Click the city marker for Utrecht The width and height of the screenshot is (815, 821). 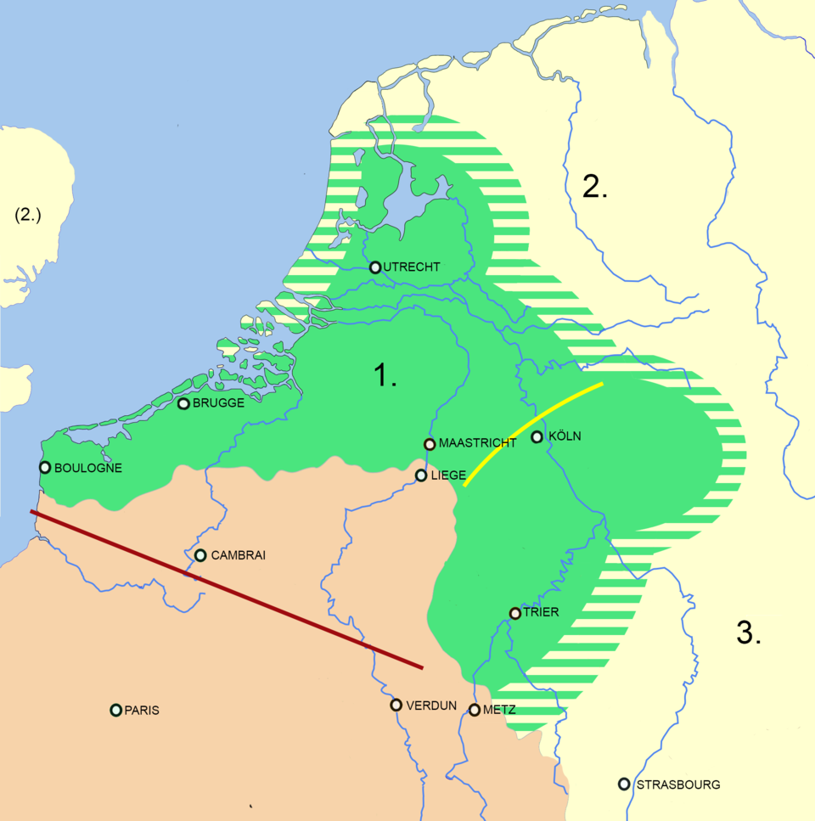[x=375, y=267]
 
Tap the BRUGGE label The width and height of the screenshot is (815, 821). [x=218, y=403]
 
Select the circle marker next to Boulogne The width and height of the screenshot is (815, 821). [x=45, y=467]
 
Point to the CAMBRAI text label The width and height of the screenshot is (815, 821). [x=238, y=555]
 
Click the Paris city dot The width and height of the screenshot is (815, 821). [x=115, y=710]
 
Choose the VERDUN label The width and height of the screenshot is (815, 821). [x=431, y=706]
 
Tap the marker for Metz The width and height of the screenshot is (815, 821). [x=475, y=710]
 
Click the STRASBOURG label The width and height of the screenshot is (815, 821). [x=677, y=784]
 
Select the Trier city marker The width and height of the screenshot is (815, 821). [x=514, y=613]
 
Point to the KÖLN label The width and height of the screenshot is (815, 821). [x=566, y=436]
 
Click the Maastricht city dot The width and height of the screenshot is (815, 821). [x=430, y=444]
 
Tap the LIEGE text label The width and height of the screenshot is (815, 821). [x=448, y=475]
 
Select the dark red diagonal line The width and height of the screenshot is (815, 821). [x=226, y=590]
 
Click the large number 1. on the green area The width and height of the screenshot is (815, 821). [x=386, y=375]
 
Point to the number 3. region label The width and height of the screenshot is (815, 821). [x=748, y=633]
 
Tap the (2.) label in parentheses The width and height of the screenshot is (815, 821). [x=28, y=216]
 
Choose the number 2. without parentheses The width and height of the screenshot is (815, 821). [x=595, y=186]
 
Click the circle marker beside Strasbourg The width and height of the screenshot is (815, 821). [x=624, y=784]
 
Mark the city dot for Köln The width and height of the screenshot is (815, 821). [x=537, y=437]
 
